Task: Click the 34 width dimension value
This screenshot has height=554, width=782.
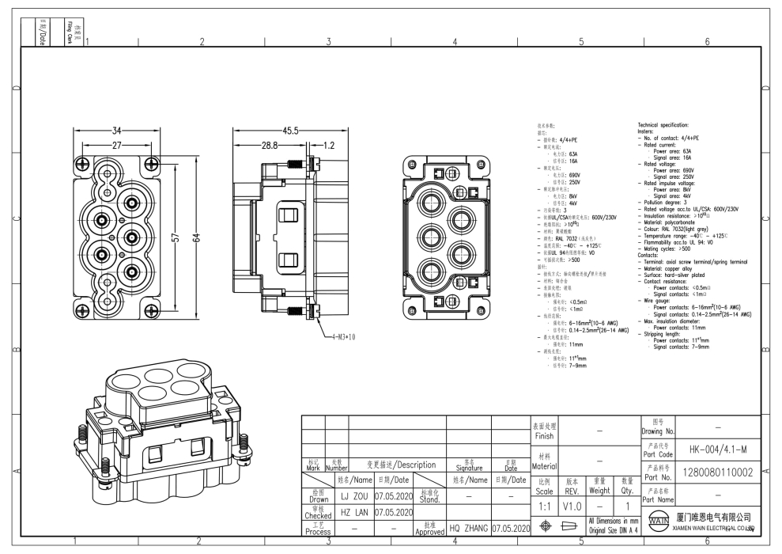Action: [x=115, y=131]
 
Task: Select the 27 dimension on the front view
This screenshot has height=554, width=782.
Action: [x=115, y=146]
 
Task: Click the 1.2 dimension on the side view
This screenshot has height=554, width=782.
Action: [x=328, y=146]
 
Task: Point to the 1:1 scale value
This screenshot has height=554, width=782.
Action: [x=543, y=503]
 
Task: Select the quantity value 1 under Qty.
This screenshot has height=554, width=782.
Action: [x=628, y=503]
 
